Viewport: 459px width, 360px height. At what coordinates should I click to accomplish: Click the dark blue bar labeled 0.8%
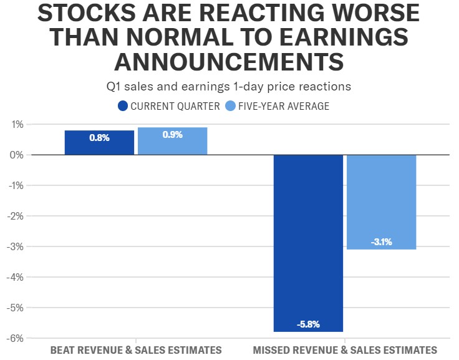[99, 142]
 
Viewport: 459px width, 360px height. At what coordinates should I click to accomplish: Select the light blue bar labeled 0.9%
[172, 141]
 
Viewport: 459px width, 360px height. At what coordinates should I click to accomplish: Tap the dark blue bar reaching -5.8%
[308, 243]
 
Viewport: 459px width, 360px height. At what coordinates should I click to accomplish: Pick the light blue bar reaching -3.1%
[381, 202]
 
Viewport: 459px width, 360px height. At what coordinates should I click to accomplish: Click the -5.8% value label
[308, 324]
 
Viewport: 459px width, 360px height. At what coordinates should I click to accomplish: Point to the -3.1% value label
[381, 242]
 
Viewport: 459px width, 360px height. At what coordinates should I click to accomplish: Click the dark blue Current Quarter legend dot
[123, 106]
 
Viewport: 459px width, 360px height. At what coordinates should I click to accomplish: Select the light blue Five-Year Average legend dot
[230, 106]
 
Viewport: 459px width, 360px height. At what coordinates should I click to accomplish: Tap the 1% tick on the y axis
[16, 124]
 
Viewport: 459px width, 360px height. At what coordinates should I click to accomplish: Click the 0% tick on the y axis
[16, 155]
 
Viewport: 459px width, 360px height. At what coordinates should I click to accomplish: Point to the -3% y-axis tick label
[15, 246]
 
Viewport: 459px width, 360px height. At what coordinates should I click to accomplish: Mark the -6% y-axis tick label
[15, 338]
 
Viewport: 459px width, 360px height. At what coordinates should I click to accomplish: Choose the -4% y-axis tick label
[15, 277]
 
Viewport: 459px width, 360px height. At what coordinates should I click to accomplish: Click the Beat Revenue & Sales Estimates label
[135, 350]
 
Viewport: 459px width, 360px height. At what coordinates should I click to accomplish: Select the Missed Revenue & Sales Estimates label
[345, 350]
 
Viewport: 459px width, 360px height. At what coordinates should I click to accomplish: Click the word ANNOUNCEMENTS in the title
[229, 62]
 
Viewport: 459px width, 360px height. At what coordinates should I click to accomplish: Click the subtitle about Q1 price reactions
[229, 87]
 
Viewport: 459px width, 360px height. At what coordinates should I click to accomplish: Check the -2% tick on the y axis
[15, 216]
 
